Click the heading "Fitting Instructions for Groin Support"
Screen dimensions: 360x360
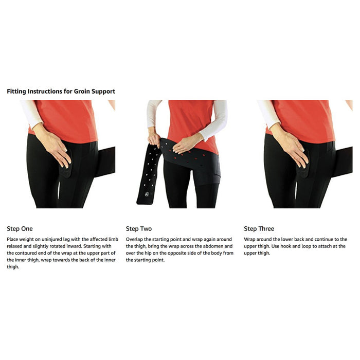[x=61, y=92]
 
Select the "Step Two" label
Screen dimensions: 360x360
[x=139, y=228]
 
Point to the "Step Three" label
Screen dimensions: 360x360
[x=259, y=228]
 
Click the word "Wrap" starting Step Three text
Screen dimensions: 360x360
[x=250, y=240]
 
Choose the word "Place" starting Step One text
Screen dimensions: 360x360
[x=13, y=240]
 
